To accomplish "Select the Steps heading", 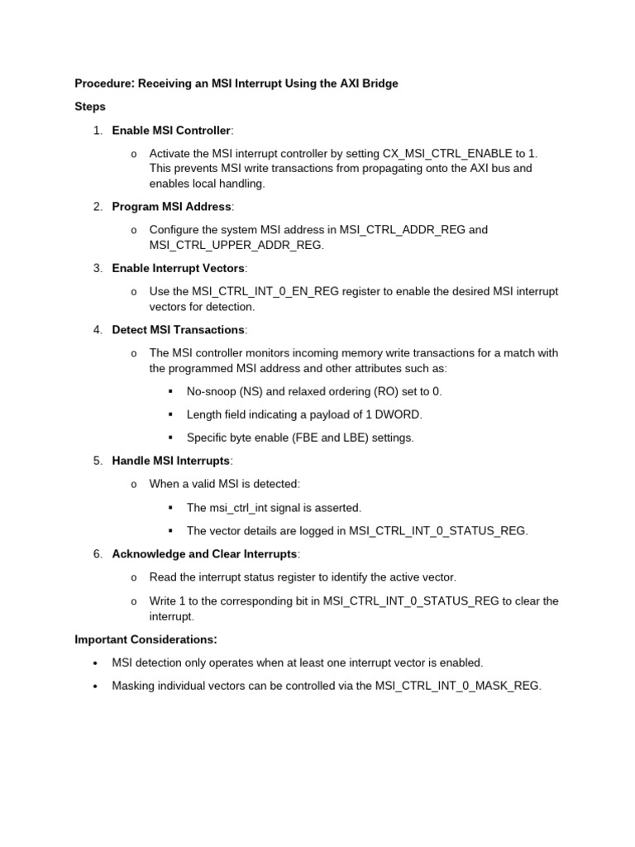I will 90,107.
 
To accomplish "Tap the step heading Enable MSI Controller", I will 171,130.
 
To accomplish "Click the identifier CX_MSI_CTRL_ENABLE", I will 447,153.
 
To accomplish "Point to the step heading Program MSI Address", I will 171,206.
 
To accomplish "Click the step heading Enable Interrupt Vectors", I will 179,268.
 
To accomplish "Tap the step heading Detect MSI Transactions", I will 178,329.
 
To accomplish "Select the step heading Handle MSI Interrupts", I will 170,460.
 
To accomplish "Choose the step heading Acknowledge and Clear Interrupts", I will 204,553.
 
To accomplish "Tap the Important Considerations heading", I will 146,639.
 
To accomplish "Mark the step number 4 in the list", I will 97,329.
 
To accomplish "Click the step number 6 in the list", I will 97,553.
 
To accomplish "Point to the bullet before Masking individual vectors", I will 96,686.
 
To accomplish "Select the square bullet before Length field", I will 170,414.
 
